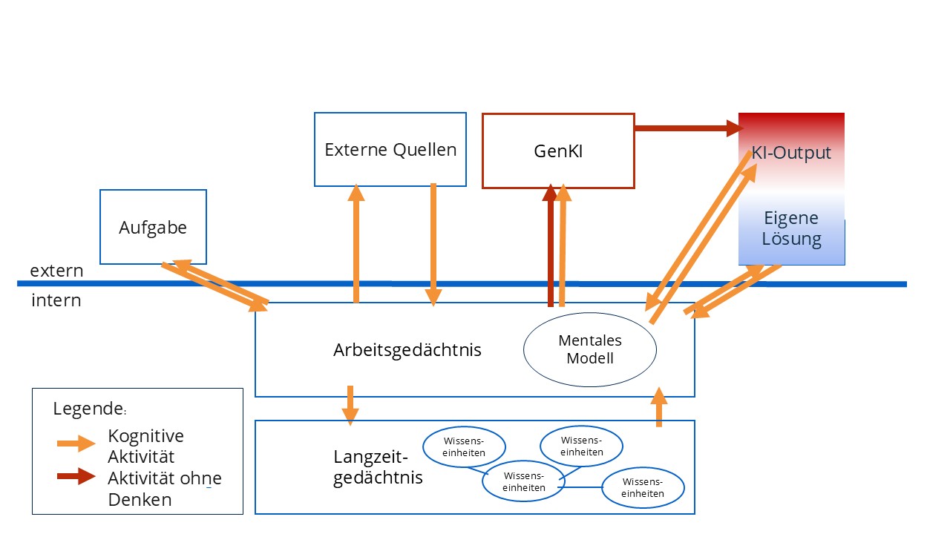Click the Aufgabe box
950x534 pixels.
[x=153, y=227]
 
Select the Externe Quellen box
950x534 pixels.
[x=390, y=149]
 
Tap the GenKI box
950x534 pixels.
[x=558, y=151]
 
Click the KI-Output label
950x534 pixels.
[x=791, y=154]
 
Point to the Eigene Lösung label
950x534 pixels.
[x=791, y=228]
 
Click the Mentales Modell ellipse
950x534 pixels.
[x=590, y=349]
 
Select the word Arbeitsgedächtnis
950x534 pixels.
[x=407, y=349]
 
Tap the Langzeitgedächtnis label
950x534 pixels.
[x=378, y=467]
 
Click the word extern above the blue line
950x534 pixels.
[x=56, y=271]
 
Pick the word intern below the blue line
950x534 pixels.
[x=56, y=301]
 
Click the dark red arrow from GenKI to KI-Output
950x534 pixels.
[x=687, y=128]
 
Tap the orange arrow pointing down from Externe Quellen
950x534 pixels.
[x=433, y=245]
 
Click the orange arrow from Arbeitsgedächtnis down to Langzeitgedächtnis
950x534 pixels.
[x=350, y=405]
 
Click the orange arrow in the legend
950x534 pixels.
[x=76, y=444]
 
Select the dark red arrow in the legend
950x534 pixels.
[x=76, y=476]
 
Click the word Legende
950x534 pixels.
[x=88, y=408]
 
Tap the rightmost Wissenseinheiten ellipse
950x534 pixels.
[x=643, y=488]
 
